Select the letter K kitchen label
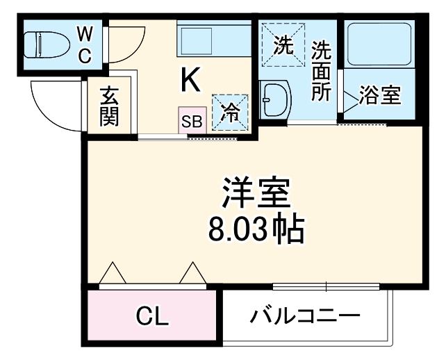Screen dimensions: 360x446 coord(191,81)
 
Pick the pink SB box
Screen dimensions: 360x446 coord(191,120)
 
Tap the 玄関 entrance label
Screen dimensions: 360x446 coord(109,106)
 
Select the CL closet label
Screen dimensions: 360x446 coord(152,318)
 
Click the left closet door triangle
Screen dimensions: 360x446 coord(113,275)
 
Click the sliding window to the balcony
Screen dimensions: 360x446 coord(326,286)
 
